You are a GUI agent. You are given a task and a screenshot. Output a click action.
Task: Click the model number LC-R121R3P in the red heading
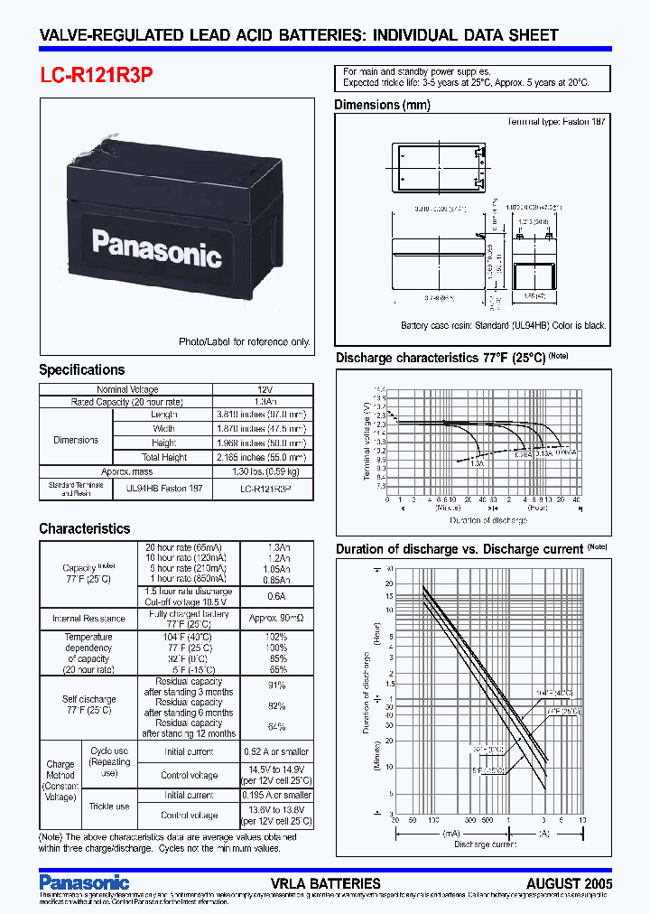[96, 77]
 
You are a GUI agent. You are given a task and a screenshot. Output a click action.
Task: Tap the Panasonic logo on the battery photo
[157, 247]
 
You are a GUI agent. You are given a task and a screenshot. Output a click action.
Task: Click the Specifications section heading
[81, 369]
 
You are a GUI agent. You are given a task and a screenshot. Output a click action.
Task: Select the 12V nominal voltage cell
[265, 389]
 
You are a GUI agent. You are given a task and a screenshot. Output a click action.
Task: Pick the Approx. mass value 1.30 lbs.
[265, 471]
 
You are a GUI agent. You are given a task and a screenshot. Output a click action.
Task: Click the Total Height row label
[163, 457]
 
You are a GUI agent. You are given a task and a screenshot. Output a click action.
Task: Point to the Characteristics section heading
[84, 528]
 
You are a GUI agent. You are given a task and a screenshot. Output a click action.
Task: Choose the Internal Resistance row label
[88, 619]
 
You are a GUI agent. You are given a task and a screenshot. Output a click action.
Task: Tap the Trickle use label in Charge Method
[109, 807]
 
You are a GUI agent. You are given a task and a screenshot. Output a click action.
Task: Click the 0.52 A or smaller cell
[275, 751]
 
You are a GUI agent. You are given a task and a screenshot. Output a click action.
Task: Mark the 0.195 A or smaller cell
[275, 796]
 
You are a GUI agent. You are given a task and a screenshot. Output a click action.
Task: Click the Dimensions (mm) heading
[383, 105]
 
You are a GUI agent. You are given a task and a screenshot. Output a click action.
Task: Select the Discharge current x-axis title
[485, 844]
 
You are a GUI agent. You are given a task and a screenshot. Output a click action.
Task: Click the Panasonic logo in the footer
[84, 881]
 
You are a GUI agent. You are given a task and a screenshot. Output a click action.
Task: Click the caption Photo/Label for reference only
[245, 341]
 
